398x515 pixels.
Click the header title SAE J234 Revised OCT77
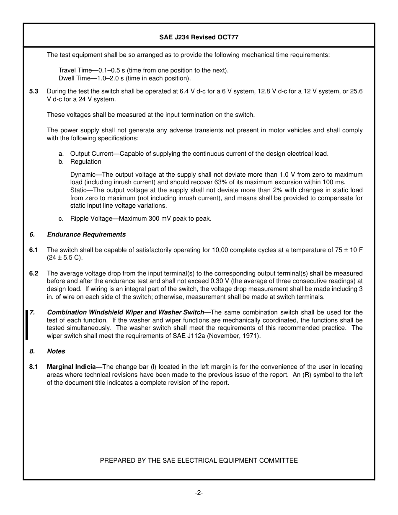tap(199, 37)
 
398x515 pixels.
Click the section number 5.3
tap(34, 92)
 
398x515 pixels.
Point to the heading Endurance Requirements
tap(86, 234)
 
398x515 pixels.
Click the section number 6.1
tap(34, 250)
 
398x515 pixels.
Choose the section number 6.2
tap(34, 273)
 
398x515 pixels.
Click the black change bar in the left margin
tap(27, 324)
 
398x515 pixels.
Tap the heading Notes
tap(56, 351)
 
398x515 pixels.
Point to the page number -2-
tap(199, 493)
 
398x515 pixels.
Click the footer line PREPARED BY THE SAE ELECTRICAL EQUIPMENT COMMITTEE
tap(199, 461)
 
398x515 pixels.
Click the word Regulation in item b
tap(85, 162)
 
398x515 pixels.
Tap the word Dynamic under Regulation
tap(83, 175)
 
